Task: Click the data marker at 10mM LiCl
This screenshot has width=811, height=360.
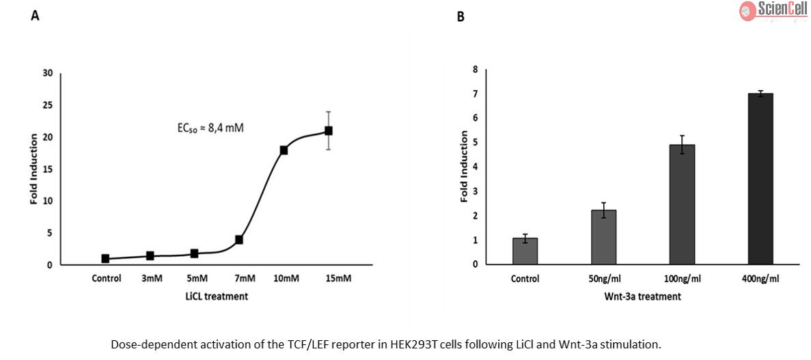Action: [284, 150]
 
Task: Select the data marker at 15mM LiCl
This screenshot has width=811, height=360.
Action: [329, 130]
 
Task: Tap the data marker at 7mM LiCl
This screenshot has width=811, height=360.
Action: [239, 240]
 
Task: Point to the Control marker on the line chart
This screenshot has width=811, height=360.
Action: [105, 259]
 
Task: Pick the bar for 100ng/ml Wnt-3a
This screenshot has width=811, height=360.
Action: [682, 204]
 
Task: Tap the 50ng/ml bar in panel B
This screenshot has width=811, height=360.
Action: [604, 236]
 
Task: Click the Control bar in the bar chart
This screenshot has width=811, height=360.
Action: [525, 251]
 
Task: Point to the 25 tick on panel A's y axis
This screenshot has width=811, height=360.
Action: [47, 105]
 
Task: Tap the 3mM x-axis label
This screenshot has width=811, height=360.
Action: [152, 279]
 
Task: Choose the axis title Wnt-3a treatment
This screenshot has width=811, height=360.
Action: [643, 296]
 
